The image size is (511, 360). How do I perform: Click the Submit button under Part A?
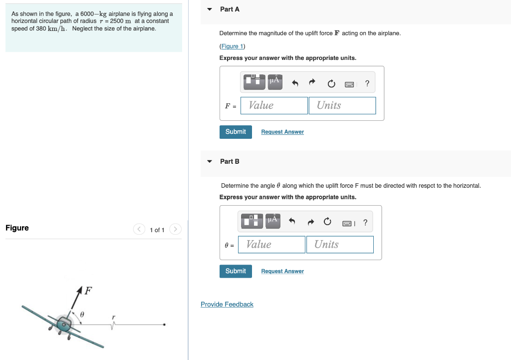[x=236, y=132]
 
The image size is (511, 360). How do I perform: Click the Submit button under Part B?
[x=236, y=271]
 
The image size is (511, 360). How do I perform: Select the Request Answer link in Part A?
[x=282, y=132]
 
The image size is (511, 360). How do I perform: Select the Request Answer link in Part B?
[x=282, y=271]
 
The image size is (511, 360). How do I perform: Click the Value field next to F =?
[x=274, y=105]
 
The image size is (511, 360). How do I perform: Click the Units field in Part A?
[x=342, y=105]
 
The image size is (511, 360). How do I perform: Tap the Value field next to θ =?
[x=272, y=245]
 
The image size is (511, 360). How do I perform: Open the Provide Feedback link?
[x=227, y=304]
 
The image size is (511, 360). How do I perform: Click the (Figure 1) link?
[x=232, y=46]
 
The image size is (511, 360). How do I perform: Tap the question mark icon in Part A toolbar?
[x=367, y=84]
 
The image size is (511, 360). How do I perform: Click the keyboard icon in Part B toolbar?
[x=348, y=223]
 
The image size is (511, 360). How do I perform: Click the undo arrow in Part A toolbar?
[x=295, y=84]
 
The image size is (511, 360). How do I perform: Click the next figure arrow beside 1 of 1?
[x=175, y=230]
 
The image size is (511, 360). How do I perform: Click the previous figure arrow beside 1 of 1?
[x=138, y=230]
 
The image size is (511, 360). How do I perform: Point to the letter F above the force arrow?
[x=88, y=290]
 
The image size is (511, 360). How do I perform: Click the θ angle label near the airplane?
[x=82, y=314]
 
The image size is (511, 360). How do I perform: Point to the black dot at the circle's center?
[x=164, y=325]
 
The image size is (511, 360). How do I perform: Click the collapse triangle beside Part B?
[x=210, y=161]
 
